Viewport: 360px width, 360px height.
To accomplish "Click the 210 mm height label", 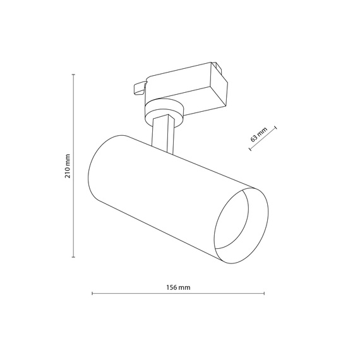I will click(68, 166).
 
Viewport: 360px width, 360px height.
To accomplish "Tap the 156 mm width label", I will click(178, 287).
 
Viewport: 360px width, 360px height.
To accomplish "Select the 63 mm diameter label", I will click(258, 134).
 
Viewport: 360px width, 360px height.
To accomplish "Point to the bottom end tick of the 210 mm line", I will click(75, 256).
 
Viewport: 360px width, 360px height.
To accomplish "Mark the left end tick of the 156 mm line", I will click(92, 293).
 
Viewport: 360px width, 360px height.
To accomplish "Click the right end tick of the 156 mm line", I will click(264, 293).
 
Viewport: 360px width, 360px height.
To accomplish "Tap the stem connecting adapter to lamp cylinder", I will click(163, 134).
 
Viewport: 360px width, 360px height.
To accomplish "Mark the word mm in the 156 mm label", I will click(184, 287).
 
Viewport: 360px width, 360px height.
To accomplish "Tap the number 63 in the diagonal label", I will click(255, 136).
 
